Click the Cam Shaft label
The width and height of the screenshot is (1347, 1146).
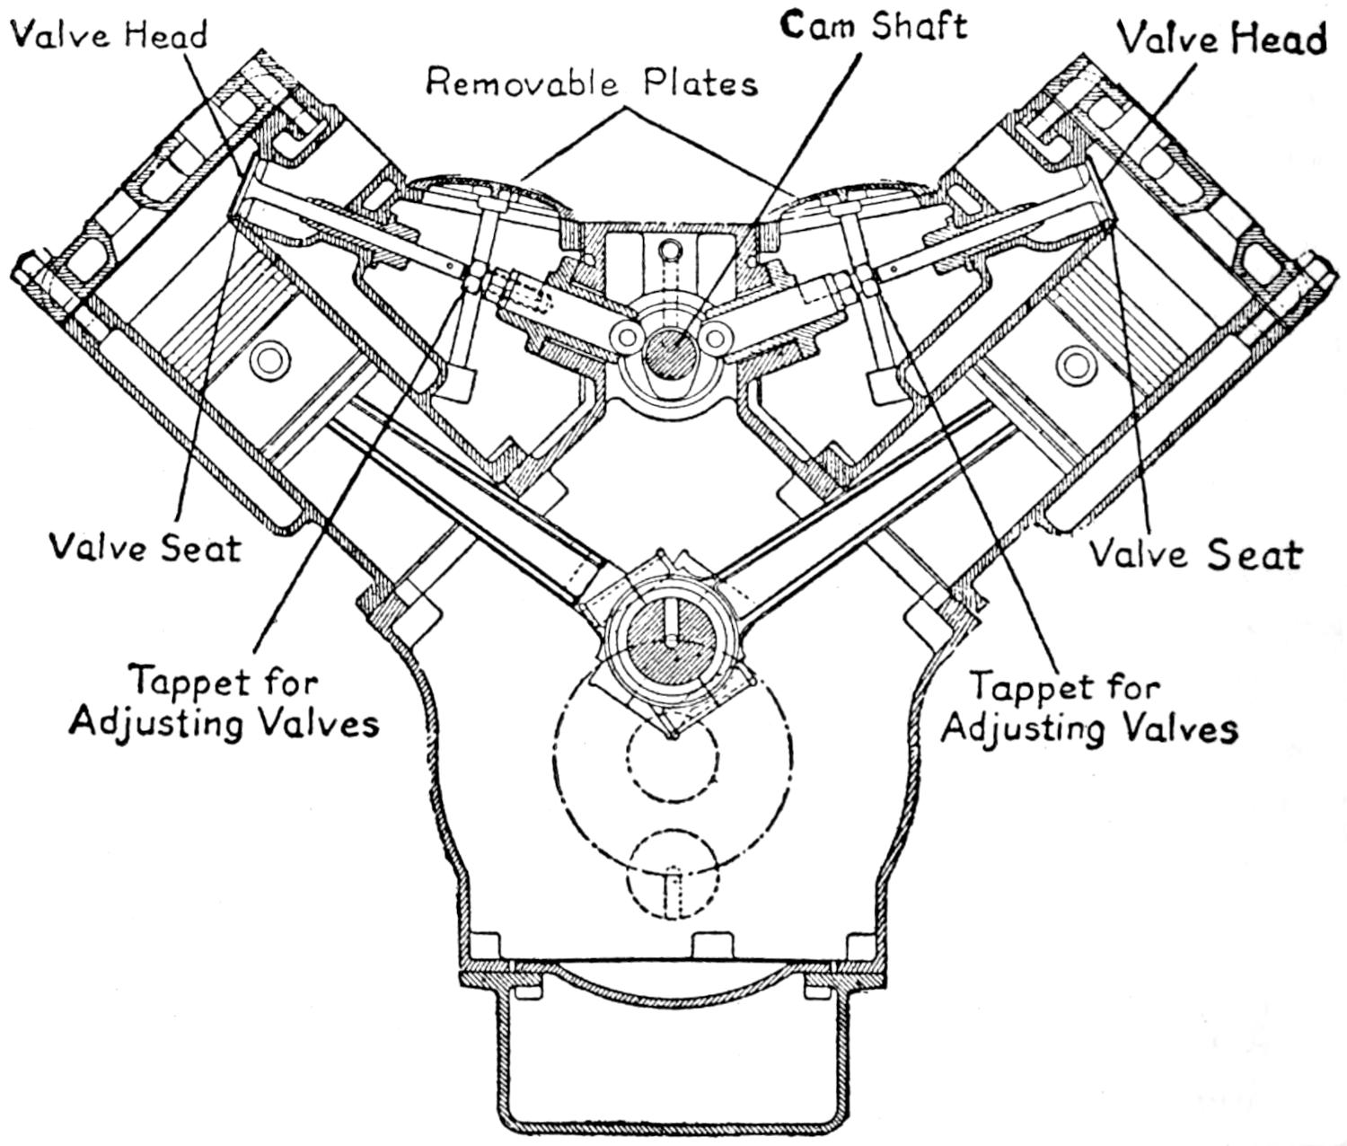874,25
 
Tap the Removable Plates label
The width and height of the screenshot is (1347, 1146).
592,83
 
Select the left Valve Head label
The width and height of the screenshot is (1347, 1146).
108,34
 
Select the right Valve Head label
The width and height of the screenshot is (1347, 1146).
1220,39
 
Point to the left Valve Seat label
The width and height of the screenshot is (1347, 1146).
145,546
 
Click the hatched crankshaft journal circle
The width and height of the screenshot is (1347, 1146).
673,646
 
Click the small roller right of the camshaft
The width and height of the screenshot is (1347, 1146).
715,337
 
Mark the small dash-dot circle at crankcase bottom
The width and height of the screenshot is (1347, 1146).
673,876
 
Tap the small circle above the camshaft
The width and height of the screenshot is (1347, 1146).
668,250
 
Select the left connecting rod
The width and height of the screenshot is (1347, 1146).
467,503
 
